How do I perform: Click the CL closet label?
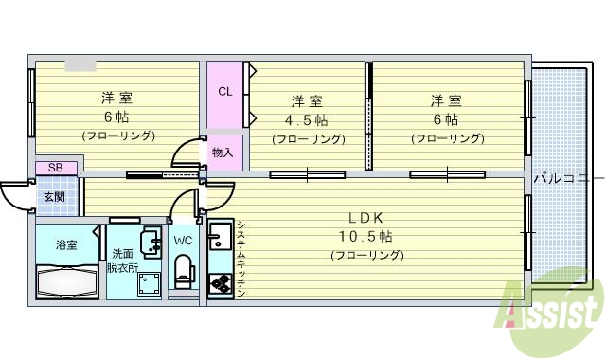224,92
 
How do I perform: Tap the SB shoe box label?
56,168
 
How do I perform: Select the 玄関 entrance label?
53,197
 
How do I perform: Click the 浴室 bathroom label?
66,245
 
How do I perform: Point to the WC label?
183,241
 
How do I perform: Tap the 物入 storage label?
223,152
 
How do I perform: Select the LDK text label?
365,217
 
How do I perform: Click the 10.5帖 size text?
365,236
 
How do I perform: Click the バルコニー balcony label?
567,177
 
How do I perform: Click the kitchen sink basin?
219,238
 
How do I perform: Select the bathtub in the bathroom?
66,281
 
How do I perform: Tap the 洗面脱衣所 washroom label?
123,260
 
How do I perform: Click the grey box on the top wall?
80,65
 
